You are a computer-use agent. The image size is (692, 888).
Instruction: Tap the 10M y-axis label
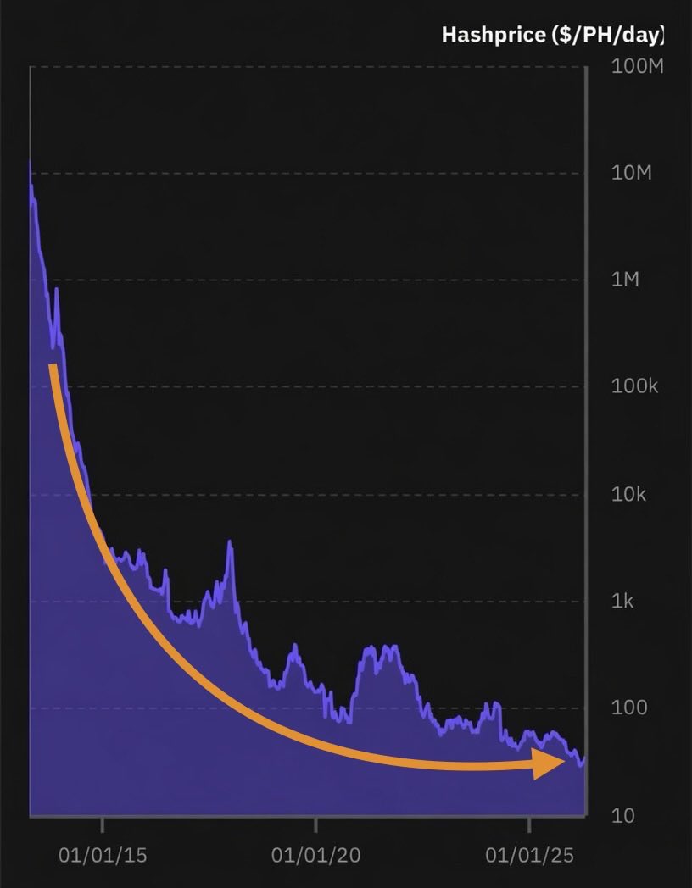point(632,174)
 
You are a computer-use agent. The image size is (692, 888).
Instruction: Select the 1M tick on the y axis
point(626,280)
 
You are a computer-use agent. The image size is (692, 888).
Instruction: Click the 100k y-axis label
point(634,387)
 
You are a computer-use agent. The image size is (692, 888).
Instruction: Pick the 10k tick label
point(628,494)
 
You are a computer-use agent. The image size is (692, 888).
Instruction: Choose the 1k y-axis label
point(623,601)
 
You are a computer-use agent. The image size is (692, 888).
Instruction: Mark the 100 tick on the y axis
point(628,708)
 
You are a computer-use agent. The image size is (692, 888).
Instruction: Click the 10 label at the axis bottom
point(622,815)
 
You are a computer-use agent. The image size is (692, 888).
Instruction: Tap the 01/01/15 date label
point(103,856)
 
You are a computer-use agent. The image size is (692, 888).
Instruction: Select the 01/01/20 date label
point(315,856)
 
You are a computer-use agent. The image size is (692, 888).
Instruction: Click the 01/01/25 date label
point(529,856)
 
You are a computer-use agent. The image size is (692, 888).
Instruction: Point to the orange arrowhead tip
point(564,763)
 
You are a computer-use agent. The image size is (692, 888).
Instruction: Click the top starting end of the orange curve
point(53,366)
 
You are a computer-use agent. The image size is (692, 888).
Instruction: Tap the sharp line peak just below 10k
point(229,542)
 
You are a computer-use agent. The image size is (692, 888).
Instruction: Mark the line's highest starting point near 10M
point(31,163)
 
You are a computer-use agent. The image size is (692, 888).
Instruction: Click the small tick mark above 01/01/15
point(103,824)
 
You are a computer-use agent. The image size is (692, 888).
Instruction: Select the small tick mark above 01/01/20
point(315,824)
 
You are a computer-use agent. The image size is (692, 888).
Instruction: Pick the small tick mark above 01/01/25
point(529,824)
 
